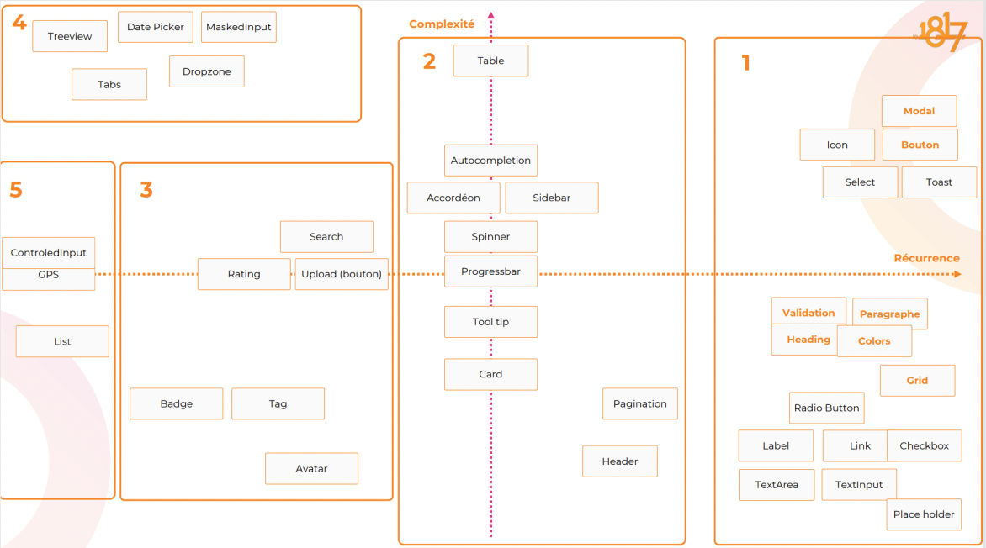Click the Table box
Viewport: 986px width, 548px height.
click(490, 61)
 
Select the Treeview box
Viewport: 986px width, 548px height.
click(70, 36)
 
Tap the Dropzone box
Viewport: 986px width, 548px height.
click(206, 71)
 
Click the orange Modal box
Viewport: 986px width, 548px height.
click(919, 111)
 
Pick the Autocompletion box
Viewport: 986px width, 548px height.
click(490, 160)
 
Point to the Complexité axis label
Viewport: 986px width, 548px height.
click(442, 24)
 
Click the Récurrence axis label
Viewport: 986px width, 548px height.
click(926, 258)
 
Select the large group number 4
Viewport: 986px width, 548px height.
click(19, 23)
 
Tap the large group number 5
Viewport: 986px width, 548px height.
click(16, 189)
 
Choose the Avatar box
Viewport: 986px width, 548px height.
click(311, 468)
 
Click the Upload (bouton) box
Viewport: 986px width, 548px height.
click(342, 274)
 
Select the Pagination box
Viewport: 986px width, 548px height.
click(639, 403)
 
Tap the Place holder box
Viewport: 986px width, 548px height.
click(924, 514)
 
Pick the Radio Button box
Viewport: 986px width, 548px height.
click(826, 408)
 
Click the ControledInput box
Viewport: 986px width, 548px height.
click(48, 252)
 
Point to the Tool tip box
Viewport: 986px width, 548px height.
click(490, 322)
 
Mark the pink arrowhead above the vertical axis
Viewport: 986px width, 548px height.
click(491, 15)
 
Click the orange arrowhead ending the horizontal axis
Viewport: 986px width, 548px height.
click(957, 274)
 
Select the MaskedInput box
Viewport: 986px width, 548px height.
click(239, 27)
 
